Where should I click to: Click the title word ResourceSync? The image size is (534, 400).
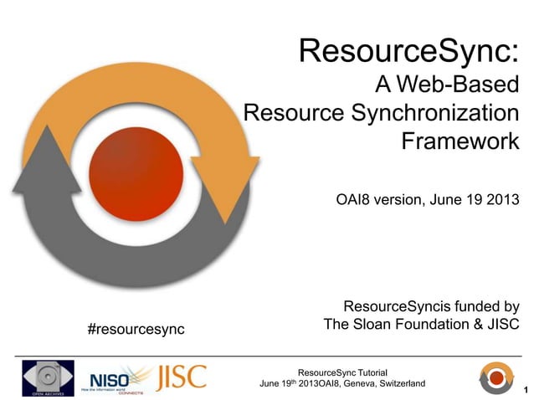pyautogui.click(x=409, y=53)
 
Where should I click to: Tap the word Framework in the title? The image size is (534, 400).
pyautogui.click(x=460, y=141)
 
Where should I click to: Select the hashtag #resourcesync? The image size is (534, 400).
pyautogui.click(x=136, y=328)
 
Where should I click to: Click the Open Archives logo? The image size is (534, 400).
pyautogui.click(x=48, y=377)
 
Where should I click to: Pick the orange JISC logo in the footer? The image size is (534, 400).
pyautogui.click(x=181, y=376)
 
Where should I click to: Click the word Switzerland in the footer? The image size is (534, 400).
pyautogui.click(x=398, y=383)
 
